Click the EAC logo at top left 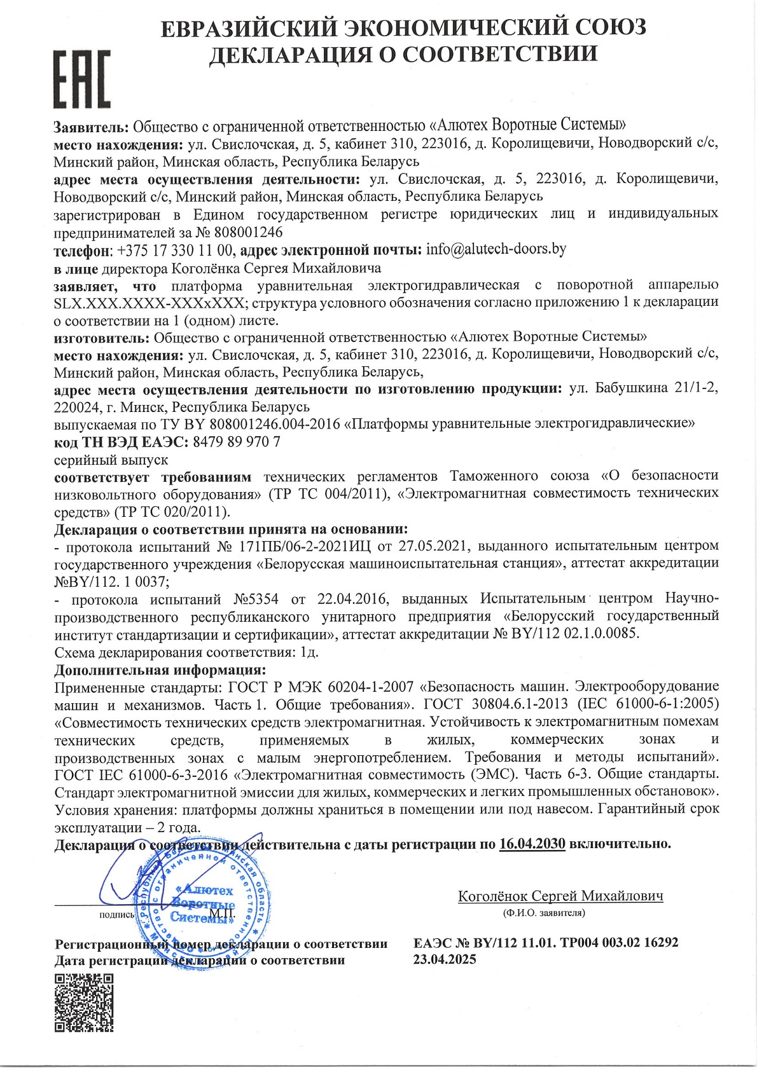pyautogui.click(x=81, y=79)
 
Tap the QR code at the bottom pyautogui.click(x=83, y=1003)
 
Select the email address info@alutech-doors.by pyautogui.click(x=496, y=249)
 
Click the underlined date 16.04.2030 pyautogui.click(x=532, y=844)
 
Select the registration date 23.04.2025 pyautogui.click(x=444, y=960)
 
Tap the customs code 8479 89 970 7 pyautogui.click(x=236, y=441)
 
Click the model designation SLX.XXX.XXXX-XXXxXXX pyautogui.click(x=148, y=303)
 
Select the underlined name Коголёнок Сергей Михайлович pyautogui.click(x=560, y=896)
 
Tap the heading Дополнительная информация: pyautogui.click(x=160, y=670)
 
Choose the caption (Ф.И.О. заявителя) pyautogui.click(x=543, y=913)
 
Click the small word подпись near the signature pyautogui.click(x=117, y=915)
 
